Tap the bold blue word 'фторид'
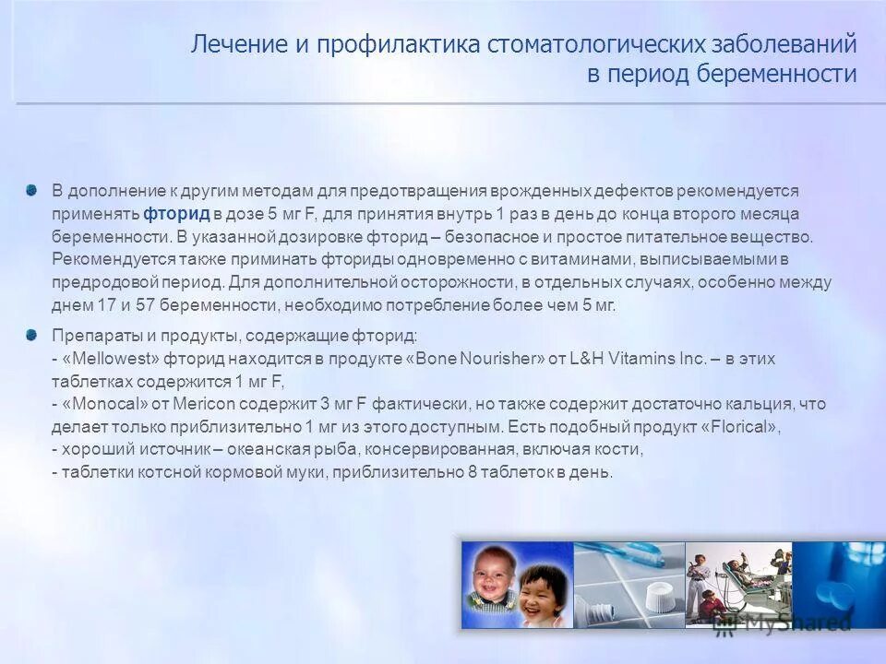(177, 214)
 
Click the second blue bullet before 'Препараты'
(32, 333)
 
